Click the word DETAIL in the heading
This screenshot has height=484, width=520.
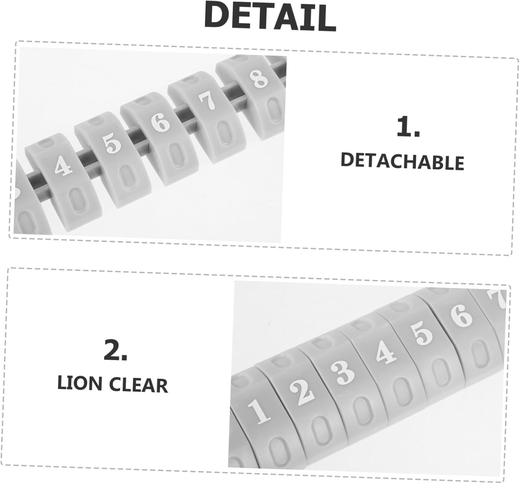270,17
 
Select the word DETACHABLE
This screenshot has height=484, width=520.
402,161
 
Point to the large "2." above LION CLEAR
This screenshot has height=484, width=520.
115,350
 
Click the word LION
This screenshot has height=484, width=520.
79,384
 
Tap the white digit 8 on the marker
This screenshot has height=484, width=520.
260,78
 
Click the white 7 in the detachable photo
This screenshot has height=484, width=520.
207,100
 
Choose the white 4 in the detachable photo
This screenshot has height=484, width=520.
63,166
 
